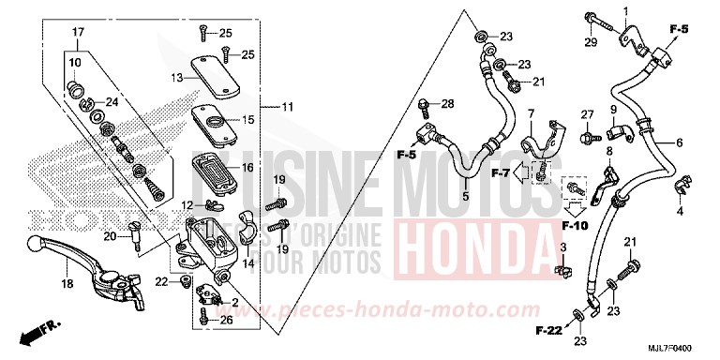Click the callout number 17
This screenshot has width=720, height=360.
tap(67, 33)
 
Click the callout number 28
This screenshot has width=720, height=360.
tap(447, 102)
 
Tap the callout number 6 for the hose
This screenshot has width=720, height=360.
tap(679, 142)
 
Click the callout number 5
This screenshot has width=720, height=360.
tap(464, 197)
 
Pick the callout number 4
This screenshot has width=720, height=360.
tap(681, 212)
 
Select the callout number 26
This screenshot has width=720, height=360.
tap(225, 319)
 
